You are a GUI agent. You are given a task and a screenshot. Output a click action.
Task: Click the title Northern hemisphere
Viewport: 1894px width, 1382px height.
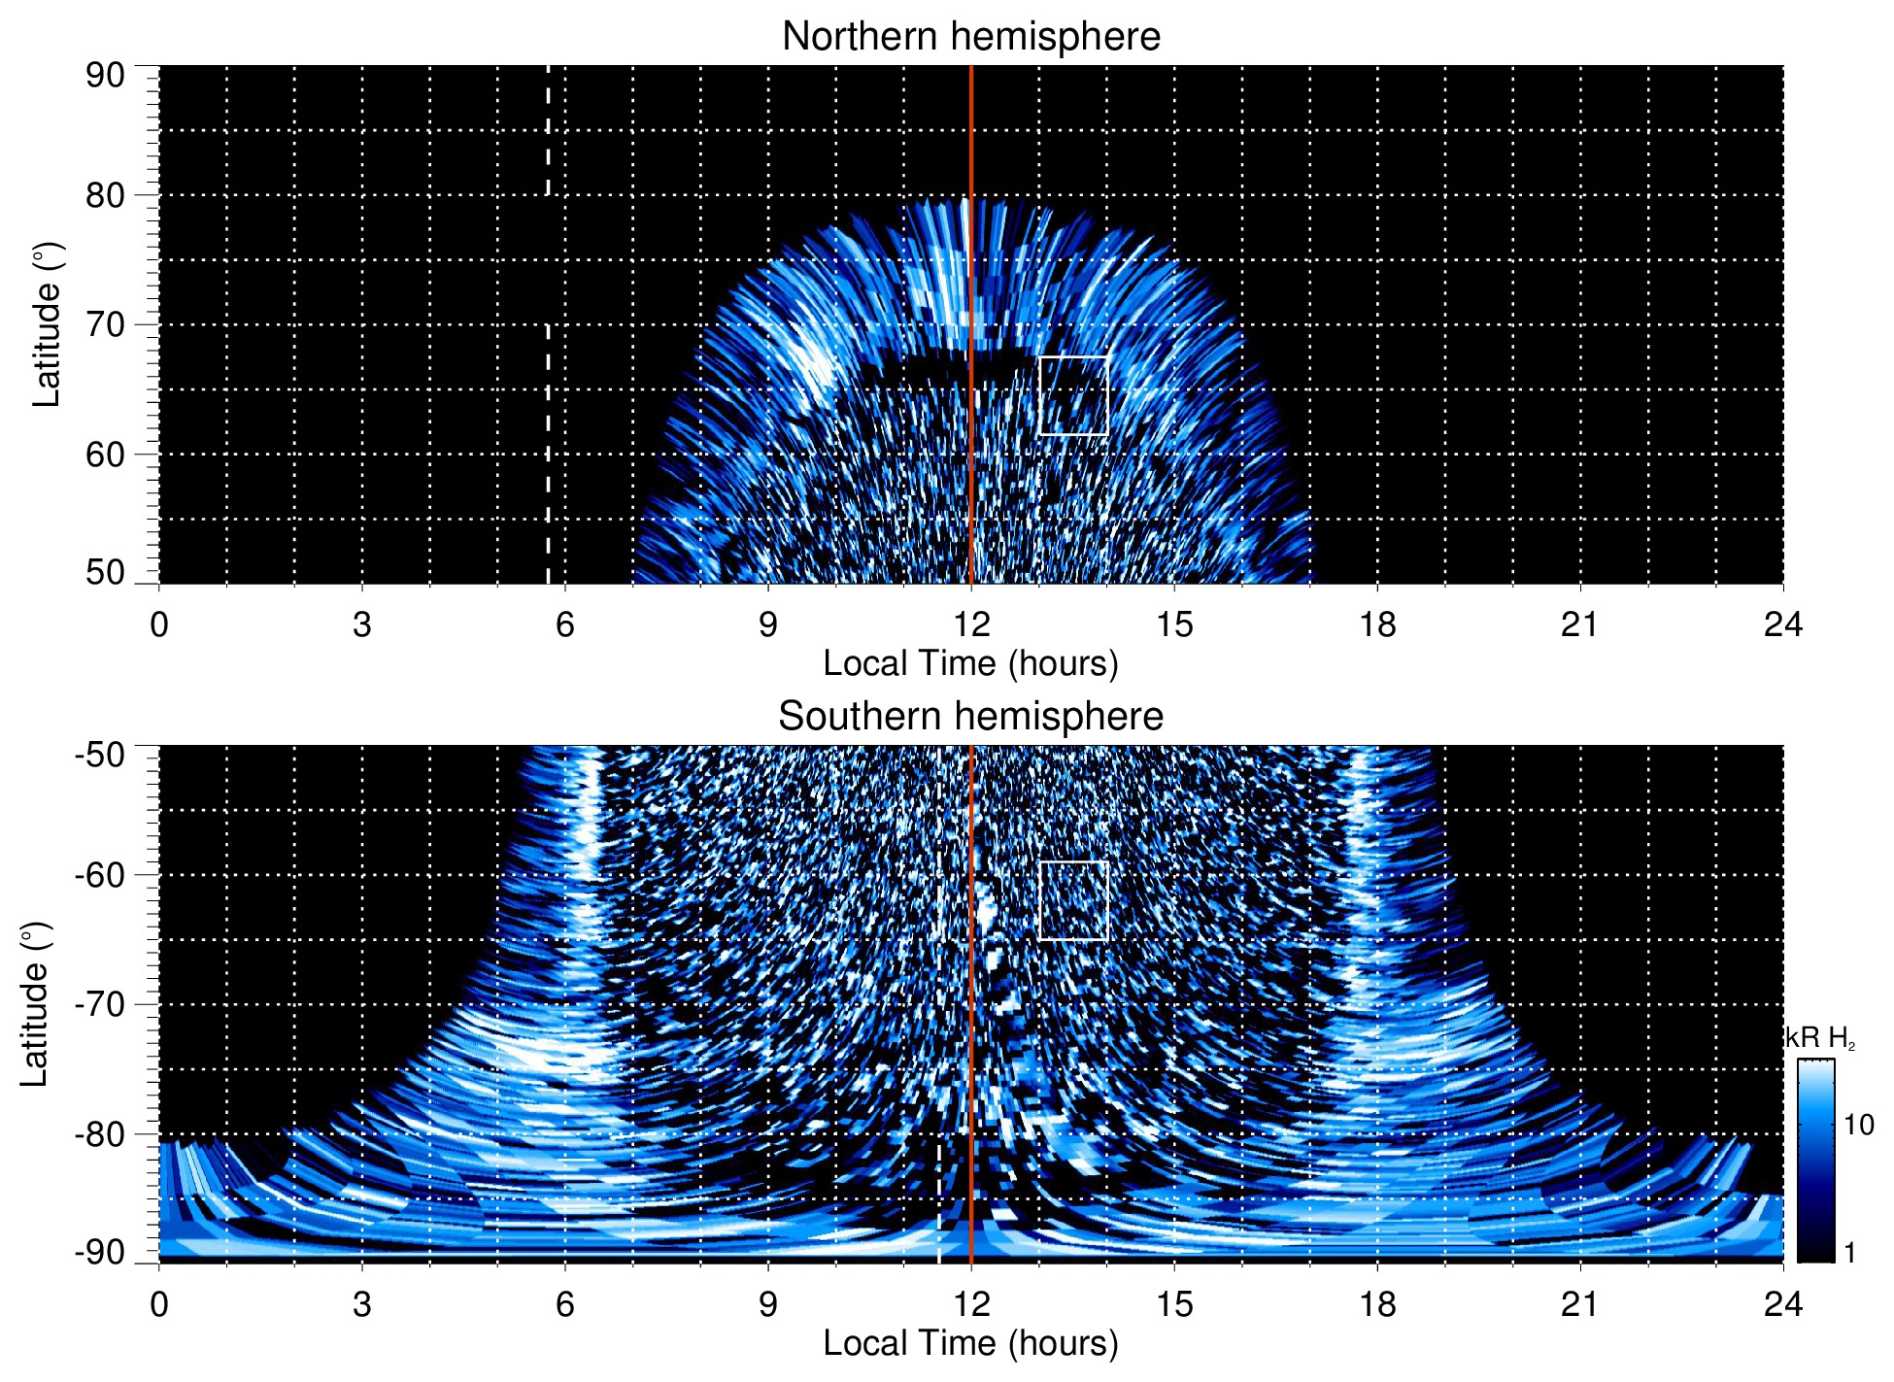pos(970,37)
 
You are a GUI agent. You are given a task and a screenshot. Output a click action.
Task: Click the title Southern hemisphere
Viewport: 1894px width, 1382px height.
pos(970,717)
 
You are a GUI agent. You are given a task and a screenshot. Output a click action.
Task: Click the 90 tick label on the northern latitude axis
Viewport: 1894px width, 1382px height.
pos(105,76)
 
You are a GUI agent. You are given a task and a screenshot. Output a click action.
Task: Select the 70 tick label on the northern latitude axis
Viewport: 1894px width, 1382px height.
pos(105,324)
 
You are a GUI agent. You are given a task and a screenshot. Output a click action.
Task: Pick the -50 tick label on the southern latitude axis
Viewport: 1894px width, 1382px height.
pos(100,755)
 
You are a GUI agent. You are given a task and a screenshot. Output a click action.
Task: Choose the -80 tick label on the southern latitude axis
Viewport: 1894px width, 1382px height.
pos(100,1133)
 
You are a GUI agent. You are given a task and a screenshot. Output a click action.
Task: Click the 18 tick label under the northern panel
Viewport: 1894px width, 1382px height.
pos(1377,624)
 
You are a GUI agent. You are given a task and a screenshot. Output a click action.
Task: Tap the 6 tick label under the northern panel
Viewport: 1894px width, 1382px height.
pos(565,624)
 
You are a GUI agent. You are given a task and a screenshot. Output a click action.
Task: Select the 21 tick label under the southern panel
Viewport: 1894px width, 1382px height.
pos(1580,1303)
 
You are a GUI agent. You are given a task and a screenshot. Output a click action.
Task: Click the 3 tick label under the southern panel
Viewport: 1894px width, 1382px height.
pos(362,1303)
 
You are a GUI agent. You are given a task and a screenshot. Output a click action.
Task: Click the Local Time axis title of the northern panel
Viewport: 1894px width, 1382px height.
pos(970,663)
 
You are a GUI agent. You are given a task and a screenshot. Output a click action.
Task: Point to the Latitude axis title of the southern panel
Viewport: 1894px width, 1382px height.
pos(34,1005)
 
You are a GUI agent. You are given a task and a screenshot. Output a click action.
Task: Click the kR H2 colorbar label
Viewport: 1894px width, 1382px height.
pos(1819,1038)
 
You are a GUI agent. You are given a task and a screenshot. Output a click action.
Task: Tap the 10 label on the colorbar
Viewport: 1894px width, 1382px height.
pos(1858,1125)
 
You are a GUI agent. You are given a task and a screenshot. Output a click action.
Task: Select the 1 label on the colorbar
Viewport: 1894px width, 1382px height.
pos(1849,1252)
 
